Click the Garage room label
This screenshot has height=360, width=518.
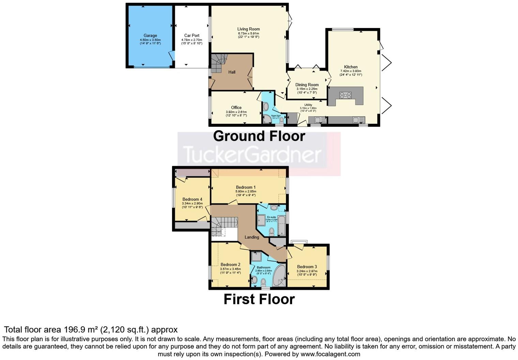tap(150, 35)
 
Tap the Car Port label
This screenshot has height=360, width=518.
tap(192, 35)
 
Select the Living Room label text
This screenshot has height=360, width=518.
tap(248, 29)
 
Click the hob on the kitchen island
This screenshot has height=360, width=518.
tap(345, 95)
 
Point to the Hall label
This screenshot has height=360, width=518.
tap(232, 72)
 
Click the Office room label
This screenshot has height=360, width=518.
tap(236, 108)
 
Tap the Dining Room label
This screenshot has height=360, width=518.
tap(307, 85)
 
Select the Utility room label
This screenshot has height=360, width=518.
tap(308, 105)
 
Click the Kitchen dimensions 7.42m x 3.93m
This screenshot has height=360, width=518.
tap(351, 71)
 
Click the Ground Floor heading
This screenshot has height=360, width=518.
tap(259, 136)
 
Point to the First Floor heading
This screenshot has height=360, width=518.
tap(259, 299)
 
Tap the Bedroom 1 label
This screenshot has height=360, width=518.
tap(246, 187)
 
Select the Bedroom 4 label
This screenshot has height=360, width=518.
tap(192, 199)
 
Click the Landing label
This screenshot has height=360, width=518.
tap(252, 237)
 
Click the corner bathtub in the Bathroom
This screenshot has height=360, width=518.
tap(279, 275)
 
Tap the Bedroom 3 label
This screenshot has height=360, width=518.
tap(307, 267)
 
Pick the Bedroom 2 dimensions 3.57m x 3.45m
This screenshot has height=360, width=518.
tap(230, 269)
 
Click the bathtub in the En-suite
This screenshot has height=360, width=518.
tap(281, 225)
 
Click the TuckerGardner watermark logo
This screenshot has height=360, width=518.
tap(252, 154)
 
